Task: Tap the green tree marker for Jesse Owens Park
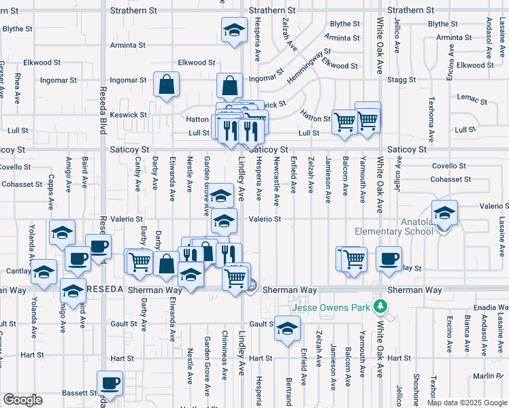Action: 384,307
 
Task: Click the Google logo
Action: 22,400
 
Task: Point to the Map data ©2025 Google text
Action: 467,403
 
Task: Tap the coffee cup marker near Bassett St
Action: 110,383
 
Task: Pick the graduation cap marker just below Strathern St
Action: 233,30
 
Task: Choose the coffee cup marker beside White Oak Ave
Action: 389,259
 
